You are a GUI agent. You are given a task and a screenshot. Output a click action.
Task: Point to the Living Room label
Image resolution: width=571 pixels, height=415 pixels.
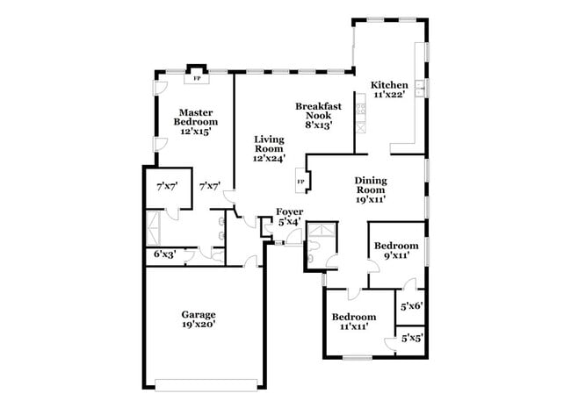[269, 148]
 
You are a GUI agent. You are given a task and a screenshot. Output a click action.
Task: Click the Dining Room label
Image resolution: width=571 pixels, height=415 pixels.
[371, 190]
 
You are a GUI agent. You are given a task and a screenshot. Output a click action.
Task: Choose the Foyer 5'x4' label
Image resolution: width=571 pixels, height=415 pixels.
[290, 217]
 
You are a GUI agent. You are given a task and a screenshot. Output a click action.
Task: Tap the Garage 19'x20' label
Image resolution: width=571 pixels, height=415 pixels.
[199, 319]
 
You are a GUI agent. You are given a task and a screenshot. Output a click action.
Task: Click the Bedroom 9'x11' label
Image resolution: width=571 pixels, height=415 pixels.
[396, 252]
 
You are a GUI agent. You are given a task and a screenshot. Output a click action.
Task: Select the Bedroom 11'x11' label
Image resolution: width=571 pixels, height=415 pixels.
[354, 321]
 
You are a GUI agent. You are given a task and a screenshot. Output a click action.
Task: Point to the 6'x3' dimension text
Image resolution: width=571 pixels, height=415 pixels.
[165, 254]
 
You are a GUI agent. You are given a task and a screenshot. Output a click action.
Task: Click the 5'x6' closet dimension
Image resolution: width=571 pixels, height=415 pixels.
[412, 307]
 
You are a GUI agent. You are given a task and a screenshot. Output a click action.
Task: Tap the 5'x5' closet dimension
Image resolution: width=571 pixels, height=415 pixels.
[412, 337]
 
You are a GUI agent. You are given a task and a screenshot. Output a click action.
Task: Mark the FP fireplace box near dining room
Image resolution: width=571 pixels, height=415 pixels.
[300, 181]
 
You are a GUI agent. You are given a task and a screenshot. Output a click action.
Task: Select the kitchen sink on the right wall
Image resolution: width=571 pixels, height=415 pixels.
[422, 88]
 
